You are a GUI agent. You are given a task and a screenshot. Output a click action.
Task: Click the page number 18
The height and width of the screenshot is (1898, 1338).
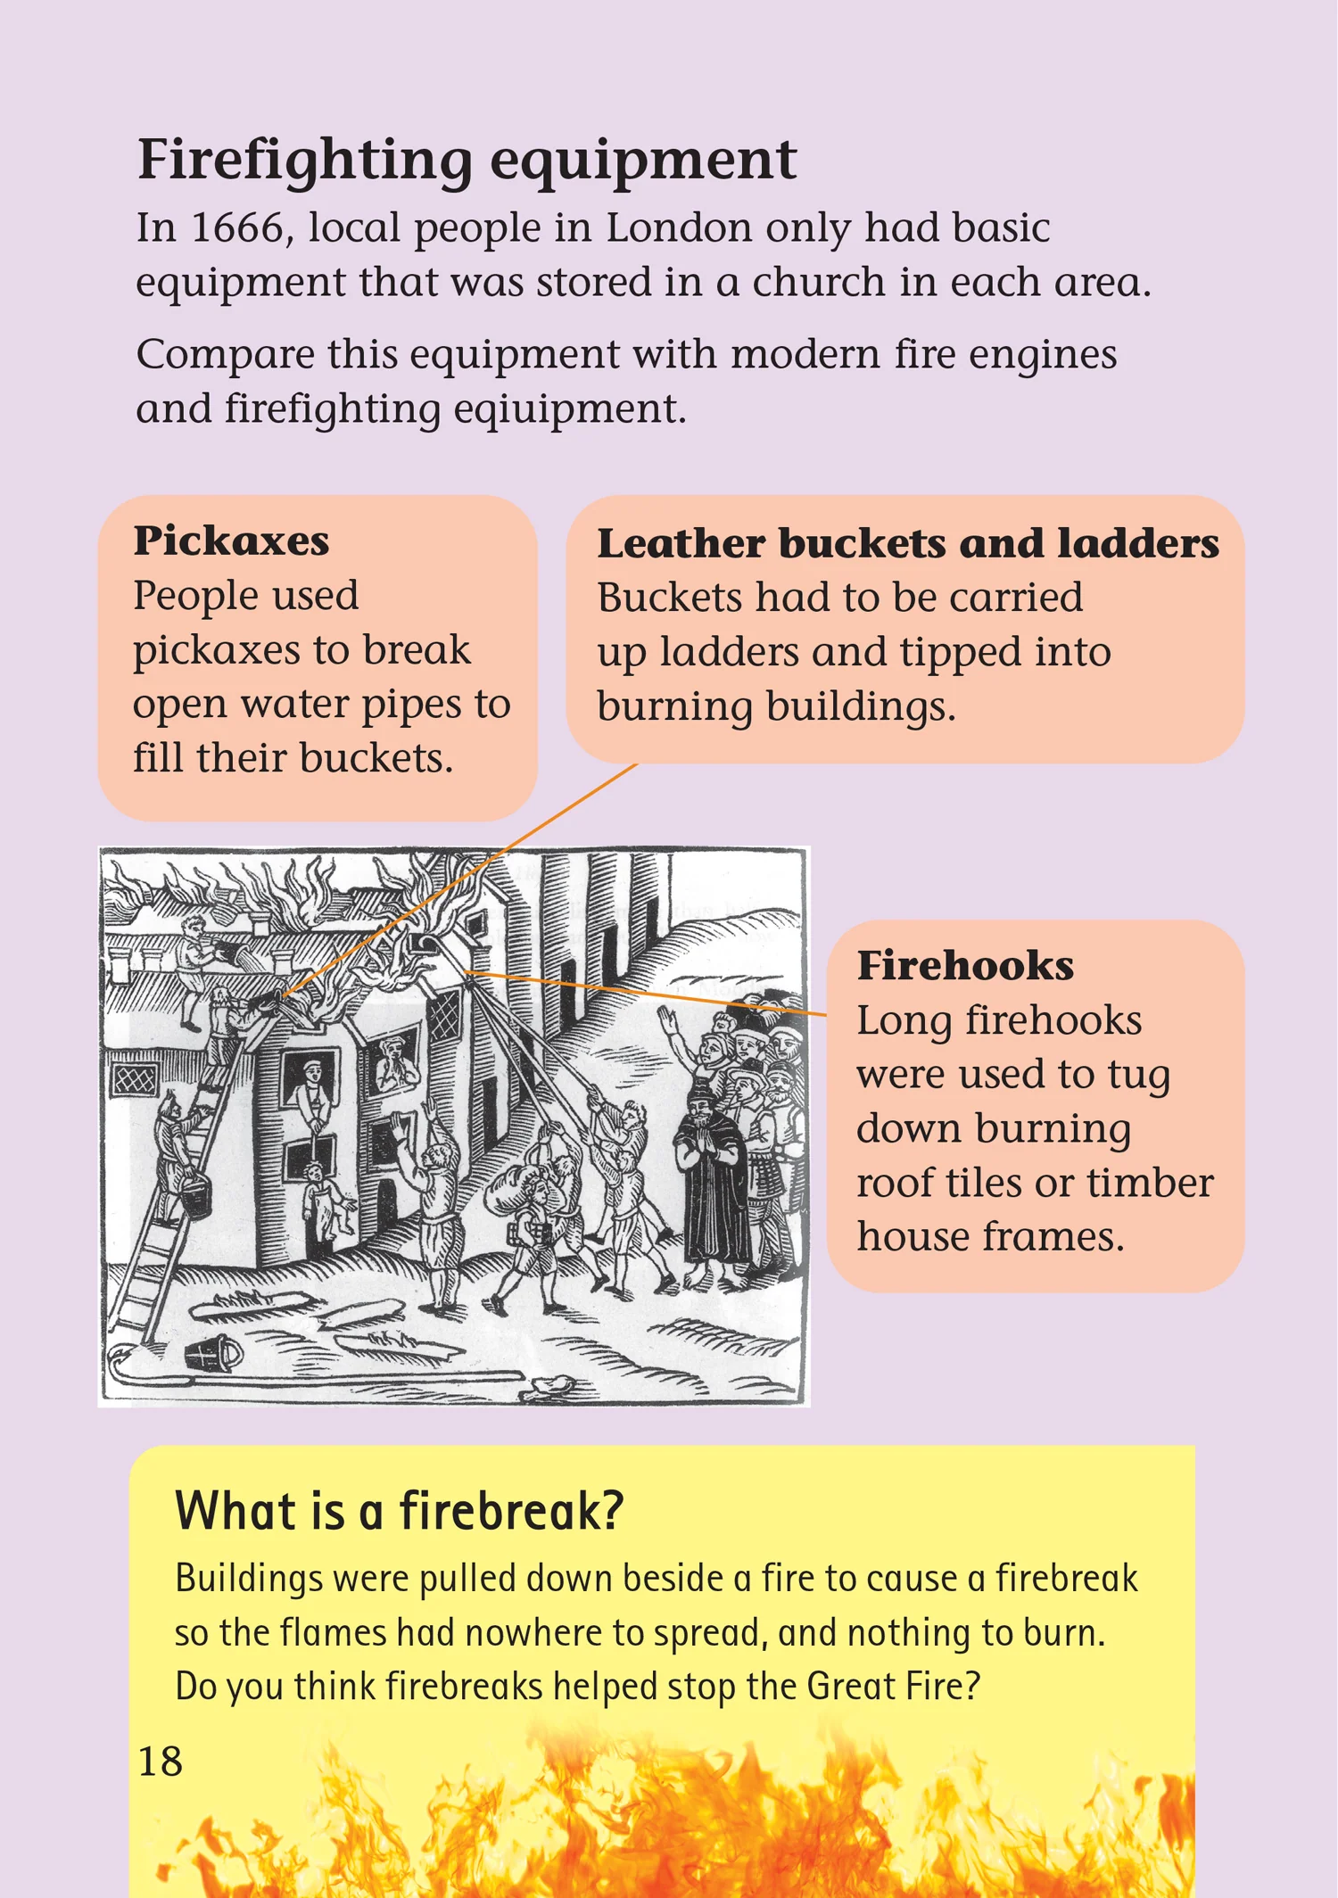pyautogui.click(x=161, y=1762)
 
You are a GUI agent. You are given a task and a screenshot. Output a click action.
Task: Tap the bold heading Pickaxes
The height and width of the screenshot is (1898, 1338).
pyautogui.click(x=231, y=541)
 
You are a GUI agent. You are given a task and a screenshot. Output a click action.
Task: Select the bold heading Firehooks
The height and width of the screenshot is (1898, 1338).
pyautogui.click(x=965, y=965)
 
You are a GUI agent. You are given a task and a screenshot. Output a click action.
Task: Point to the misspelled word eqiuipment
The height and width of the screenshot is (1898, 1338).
pyautogui.click(x=570, y=410)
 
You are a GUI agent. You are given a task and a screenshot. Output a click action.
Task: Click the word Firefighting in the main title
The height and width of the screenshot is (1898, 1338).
pyautogui.click(x=305, y=161)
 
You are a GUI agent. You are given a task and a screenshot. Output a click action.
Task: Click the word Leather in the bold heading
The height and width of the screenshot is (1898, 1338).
pyautogui.click(x=681, y=543)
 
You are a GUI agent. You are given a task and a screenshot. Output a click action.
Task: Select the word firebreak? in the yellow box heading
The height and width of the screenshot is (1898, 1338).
pyautogui.click(x=510, y=1511)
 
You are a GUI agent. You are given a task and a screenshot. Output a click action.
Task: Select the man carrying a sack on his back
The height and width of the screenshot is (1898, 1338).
pyautogui.click(x=526, y=1222)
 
